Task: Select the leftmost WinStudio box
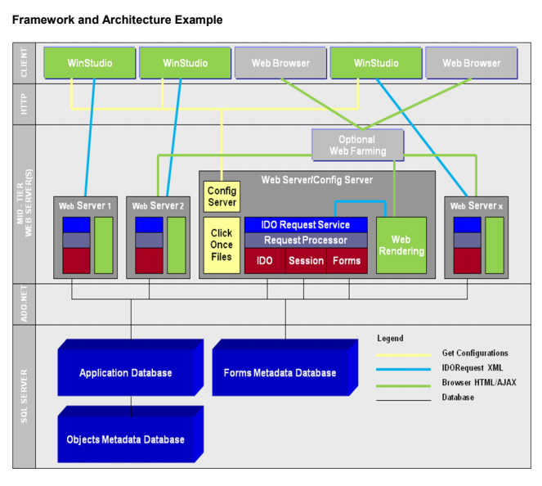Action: pyautogui.click(x=89, y=63)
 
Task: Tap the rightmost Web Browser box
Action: pyautogui.click(x=471, y=63)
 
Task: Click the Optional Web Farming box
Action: pyautogui.click(x=357, y=146)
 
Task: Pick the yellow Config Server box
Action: pyautogui.click(x=222, y=196)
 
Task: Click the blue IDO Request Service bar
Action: pyautogui.click(x=305, y=224)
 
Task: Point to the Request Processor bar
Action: pyautogui.click(x=305, y=241)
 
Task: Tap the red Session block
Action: pyautogui.click(x=306, y=261)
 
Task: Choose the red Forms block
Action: pyautogui.click(x=347, y=261)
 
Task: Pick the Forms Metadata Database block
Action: pyautogui.click(x=280, y=373)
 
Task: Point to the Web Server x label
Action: pyautogui.click(x=477, y=205)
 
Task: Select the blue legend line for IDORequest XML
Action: pyautogui.click(x=403, y=369)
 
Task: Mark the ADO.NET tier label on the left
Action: pyautogui.click(x=24, y=304)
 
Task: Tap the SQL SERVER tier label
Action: pyautogui.click(x=24, y=396)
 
